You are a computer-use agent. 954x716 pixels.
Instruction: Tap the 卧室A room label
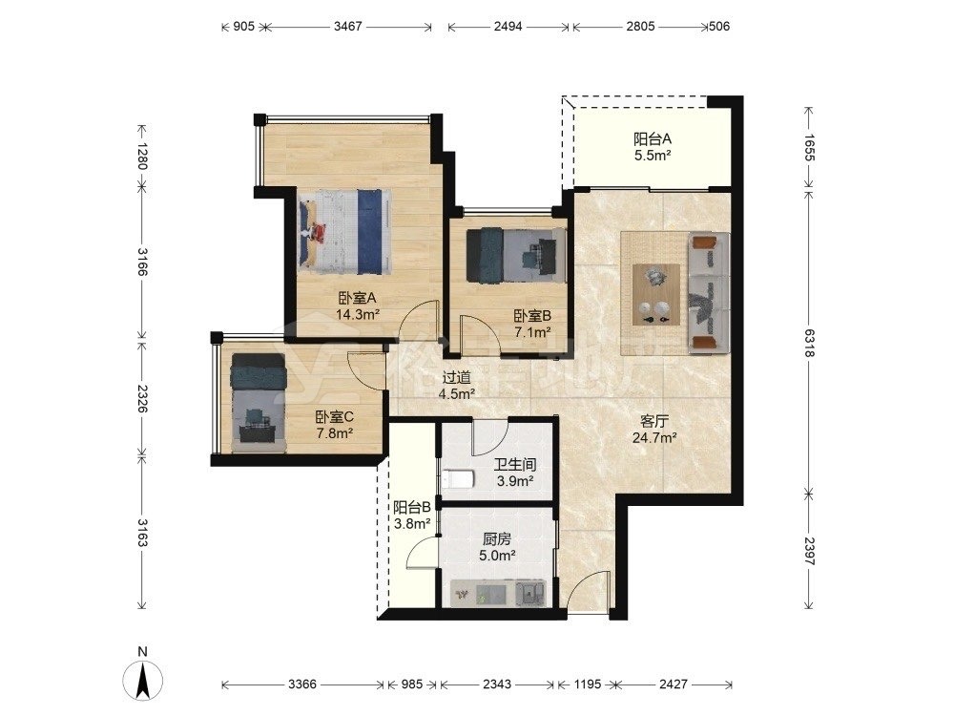(x=358, y=298)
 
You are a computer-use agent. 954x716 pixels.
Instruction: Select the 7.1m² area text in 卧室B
(x=532, y=332)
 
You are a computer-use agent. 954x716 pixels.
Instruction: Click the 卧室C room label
(x=335, y=417)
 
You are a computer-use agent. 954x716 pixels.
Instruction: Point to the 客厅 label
(x=654, y=421)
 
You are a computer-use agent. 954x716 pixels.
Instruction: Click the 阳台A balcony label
(x=653, y=138)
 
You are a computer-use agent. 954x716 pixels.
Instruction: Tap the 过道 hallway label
(x=456, y=377)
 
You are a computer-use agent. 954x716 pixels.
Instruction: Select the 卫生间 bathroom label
(x=515, y=465)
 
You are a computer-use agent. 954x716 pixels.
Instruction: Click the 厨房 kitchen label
(x=497, y=538)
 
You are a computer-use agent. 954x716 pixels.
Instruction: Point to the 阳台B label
(x=412, y=507)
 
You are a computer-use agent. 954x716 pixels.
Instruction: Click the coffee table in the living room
(x=656, y=295)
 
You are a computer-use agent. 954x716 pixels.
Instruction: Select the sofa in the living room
(x=709, y=293)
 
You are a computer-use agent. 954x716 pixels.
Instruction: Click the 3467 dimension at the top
(x=348, y=26)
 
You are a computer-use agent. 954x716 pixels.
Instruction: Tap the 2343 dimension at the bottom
(x=497, y=684)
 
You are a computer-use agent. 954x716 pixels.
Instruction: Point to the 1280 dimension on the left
(x=142, y=156)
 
